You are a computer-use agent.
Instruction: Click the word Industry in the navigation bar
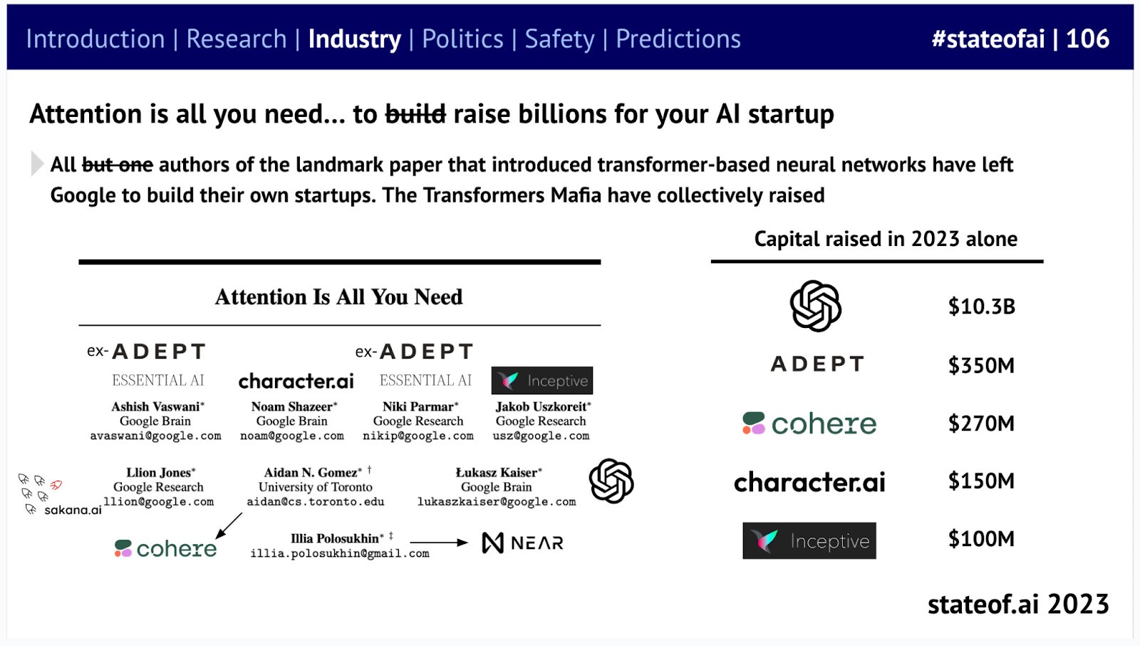click(354, 39)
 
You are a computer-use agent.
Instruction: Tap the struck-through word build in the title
click(415, 113)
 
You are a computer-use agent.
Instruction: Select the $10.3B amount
click(981, 307)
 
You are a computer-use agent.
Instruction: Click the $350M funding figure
click(981, 365)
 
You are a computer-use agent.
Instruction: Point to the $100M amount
click(981, 538)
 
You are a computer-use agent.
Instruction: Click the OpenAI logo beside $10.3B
click(815, 306)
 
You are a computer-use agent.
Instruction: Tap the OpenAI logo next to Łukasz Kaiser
click(611, 481)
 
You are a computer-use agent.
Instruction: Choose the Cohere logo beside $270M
click(809, 424)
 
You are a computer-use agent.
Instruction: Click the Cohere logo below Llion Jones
click(165, 548)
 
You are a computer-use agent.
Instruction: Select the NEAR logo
click(523, 543)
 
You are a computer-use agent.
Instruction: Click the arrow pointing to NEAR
click(439, 543)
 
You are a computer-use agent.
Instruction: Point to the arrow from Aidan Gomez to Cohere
click(229, 525)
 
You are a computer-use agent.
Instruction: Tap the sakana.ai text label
click(73, 510)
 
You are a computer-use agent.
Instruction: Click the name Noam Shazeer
click(292, 406)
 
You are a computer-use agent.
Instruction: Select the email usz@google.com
click(541, 436)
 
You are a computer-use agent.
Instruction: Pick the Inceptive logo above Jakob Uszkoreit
click(542, 381)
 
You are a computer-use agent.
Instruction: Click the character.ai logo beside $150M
click(809, 481)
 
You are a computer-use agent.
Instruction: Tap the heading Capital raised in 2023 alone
click(886, 239)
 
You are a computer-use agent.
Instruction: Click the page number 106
click(1087, 39)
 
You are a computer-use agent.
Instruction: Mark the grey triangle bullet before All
click(36, 163)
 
